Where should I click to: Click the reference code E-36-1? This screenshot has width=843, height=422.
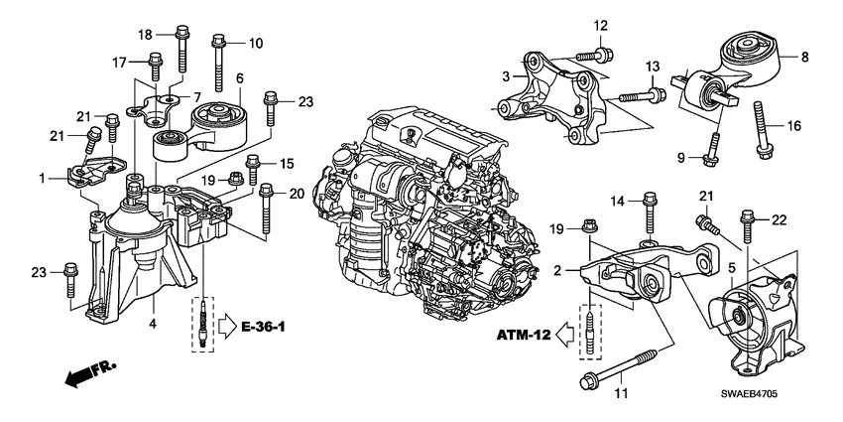271,324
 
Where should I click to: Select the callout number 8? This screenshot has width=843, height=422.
804,58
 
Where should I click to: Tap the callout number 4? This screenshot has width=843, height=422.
153,323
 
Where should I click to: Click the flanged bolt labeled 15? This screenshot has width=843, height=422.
253,173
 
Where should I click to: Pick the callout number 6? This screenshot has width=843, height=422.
238,76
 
